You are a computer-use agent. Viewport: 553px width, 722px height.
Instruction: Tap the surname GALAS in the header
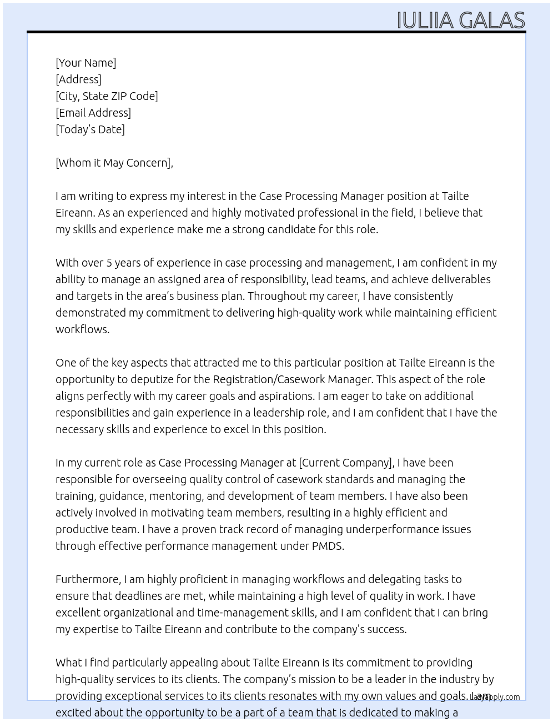point(492,21)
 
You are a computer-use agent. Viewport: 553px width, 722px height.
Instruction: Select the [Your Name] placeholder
point(86,63)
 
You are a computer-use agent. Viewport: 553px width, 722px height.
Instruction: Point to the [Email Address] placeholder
point(93,113)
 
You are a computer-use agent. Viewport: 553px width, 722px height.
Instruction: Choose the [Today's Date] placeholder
point(90,129)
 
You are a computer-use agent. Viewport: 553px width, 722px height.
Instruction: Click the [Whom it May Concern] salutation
point(113,163)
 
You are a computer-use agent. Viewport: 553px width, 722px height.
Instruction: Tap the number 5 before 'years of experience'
point(109,263)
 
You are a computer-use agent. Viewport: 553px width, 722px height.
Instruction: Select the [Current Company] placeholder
point(346,463)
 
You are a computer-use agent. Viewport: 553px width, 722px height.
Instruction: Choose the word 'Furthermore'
point(87,579)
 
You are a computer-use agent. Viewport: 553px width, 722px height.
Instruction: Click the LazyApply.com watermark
point(495,697)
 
